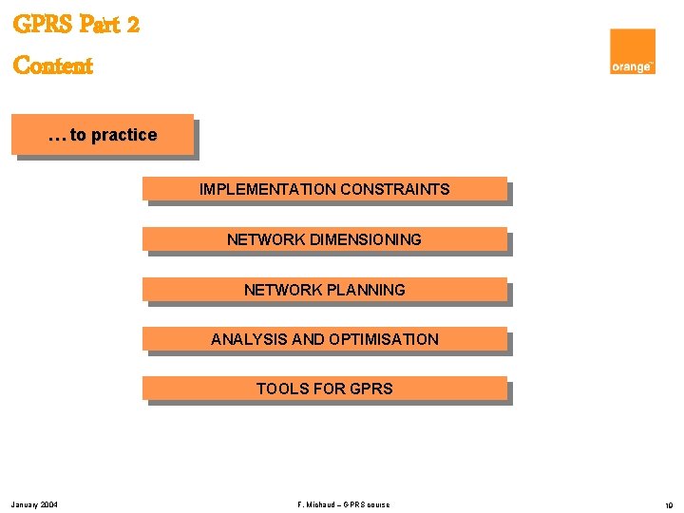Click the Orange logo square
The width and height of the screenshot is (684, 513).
click(633, 51)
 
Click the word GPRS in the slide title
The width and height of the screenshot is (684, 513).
click(44, 25)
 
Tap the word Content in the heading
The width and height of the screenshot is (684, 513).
click(53, 66)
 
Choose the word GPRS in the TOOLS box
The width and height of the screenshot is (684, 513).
click(371, 389)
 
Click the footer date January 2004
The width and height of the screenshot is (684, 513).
click(34, 504)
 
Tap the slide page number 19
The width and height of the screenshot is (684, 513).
click(668, 504)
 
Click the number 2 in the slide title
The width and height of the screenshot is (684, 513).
click(132, 25)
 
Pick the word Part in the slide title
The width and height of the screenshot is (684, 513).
click(100, 25)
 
